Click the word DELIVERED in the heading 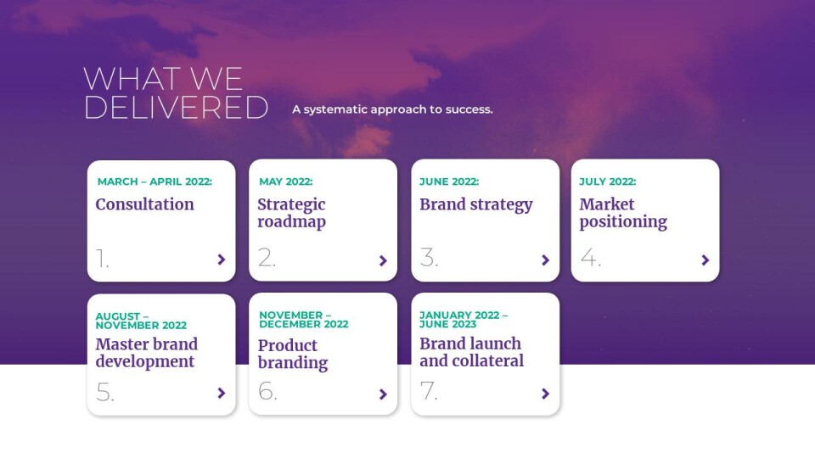pos(177,108)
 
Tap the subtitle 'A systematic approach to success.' pos(392,109)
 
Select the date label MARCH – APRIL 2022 pos(155,182)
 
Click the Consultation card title pos(145,204)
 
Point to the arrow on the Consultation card pos(222,260)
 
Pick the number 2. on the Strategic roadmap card pos(267,258)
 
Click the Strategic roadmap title pos(291,213)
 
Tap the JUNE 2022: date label pos(449,182)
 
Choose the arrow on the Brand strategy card pos(545,260)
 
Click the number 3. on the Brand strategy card pos(429,258)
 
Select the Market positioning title pos(623,213)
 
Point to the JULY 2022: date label pos(608,182)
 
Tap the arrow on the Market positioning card pos(705,260)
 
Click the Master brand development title pos(147,353)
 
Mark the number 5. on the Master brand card pos(105,393)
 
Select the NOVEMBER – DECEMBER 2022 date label pos(304,320)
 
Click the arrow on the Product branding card pos(383,394)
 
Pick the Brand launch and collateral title pos(471,352)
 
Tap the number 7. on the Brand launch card pos(428,391)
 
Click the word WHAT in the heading pos(133,79)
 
